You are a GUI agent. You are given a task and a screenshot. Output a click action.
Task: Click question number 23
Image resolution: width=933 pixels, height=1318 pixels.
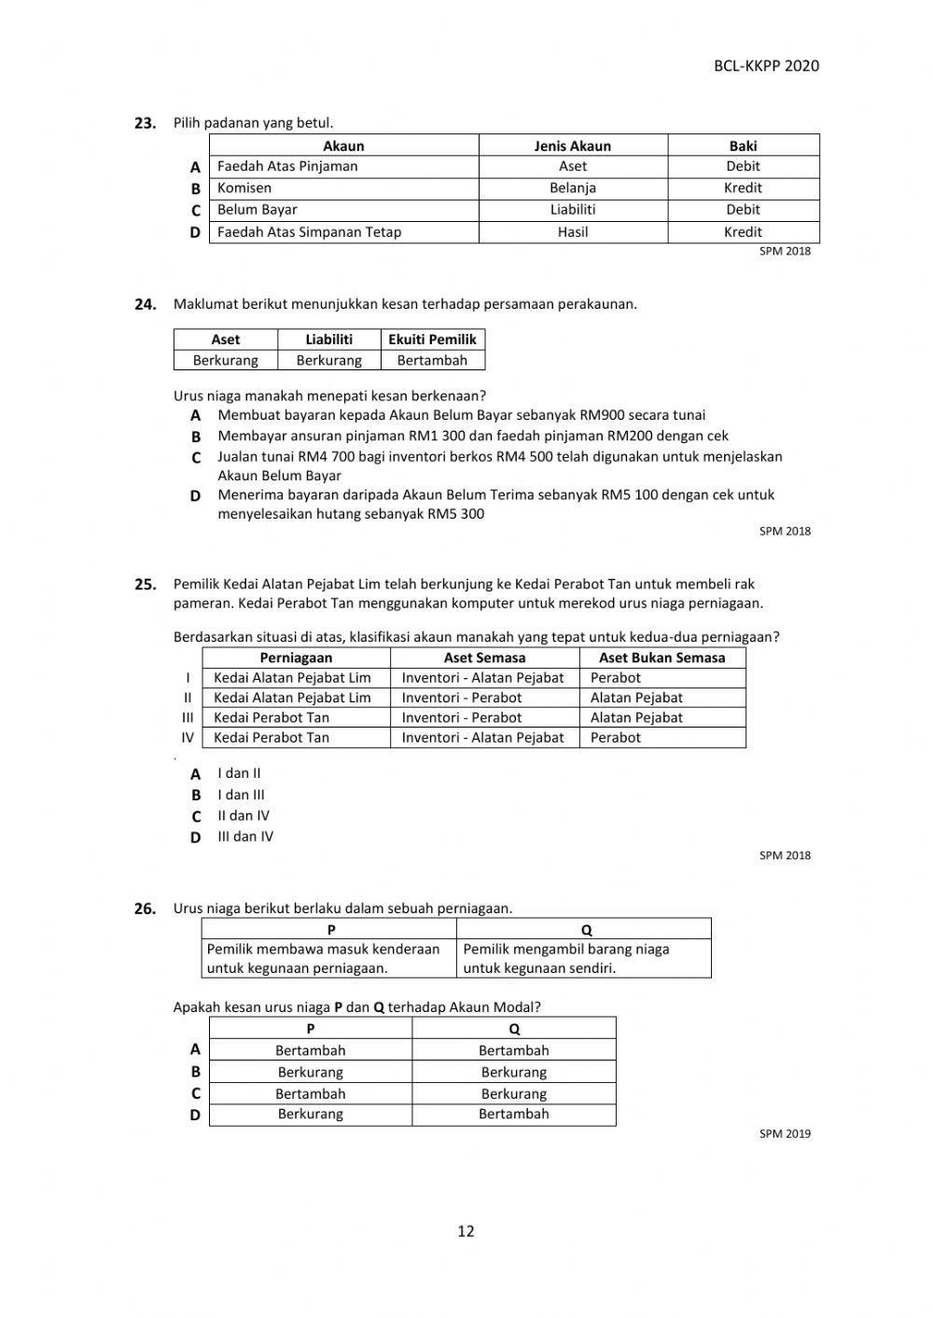coord(145,123)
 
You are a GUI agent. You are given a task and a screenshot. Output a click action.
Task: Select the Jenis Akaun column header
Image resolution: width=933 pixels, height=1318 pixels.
coord(572,146)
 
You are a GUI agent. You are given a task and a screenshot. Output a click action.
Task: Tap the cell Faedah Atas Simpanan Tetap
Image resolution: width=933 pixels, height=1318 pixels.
coord(309,232)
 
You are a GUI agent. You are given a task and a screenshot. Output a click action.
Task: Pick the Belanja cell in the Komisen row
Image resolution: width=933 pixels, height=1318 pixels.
coord(572,187)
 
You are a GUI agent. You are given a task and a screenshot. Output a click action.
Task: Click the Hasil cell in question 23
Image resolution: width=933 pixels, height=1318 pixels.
coord(572,232)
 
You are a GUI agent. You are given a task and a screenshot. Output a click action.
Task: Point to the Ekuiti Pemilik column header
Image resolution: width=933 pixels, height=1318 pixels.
coord(432,340)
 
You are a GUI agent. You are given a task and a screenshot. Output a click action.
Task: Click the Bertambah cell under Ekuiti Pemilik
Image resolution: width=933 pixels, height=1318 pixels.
coord(432,360)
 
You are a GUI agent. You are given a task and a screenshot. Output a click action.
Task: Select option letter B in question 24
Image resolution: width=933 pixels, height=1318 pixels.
coord(196,437)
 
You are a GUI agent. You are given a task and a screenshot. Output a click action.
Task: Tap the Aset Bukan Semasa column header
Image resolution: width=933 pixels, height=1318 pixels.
coord(661,658)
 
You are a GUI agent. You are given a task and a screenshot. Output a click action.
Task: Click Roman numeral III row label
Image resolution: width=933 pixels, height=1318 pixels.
coord(188,717)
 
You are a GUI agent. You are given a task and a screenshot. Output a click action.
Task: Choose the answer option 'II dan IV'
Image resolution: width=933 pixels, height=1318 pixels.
coord(244,815)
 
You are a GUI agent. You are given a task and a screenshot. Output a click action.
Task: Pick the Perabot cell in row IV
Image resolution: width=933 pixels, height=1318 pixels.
coord(615,738)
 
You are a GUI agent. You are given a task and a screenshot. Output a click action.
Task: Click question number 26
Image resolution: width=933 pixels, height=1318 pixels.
coord(145,909)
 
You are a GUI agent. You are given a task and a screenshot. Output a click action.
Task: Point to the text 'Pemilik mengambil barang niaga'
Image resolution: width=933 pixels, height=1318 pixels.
coord(565,950)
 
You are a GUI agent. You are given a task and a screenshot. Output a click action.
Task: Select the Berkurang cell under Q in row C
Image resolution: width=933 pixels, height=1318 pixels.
coord(513,1093)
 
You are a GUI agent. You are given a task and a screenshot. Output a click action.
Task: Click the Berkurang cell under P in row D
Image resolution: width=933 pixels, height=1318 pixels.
coord(310,1114)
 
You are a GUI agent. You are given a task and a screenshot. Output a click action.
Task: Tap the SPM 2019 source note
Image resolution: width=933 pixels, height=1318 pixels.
coord(785,1134)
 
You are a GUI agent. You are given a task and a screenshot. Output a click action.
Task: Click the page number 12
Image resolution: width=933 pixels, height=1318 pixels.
coord(466,1231)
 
